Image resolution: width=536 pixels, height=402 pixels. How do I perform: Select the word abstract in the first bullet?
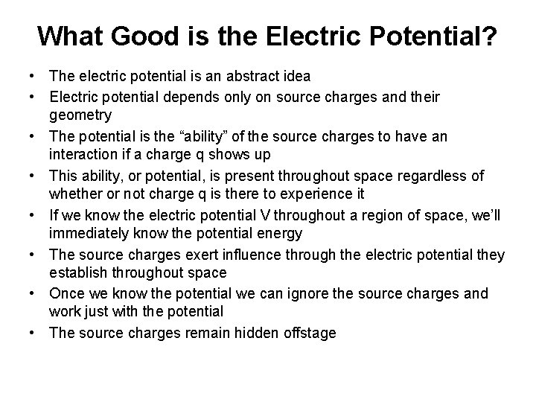(x=254, y=77)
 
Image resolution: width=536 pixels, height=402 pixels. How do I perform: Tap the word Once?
(x=66, y=293)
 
